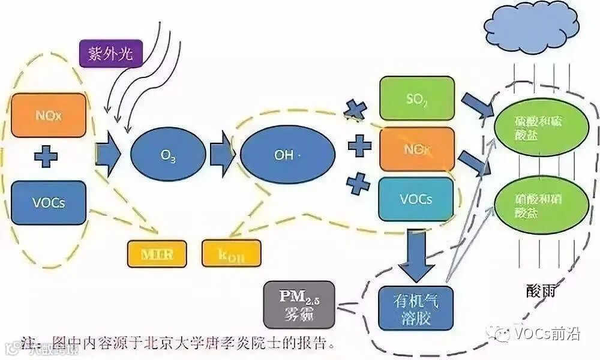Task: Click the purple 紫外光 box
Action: pyautogui.click(x=110, y=55)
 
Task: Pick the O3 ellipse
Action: pyautogui.click(x=168, y=156)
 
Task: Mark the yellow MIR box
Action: pyautogui.click(x=157, y=254)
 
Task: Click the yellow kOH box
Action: pyautogui.click(x=232, y=254)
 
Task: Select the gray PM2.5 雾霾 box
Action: pyautogui.click(x=299, y=305)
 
